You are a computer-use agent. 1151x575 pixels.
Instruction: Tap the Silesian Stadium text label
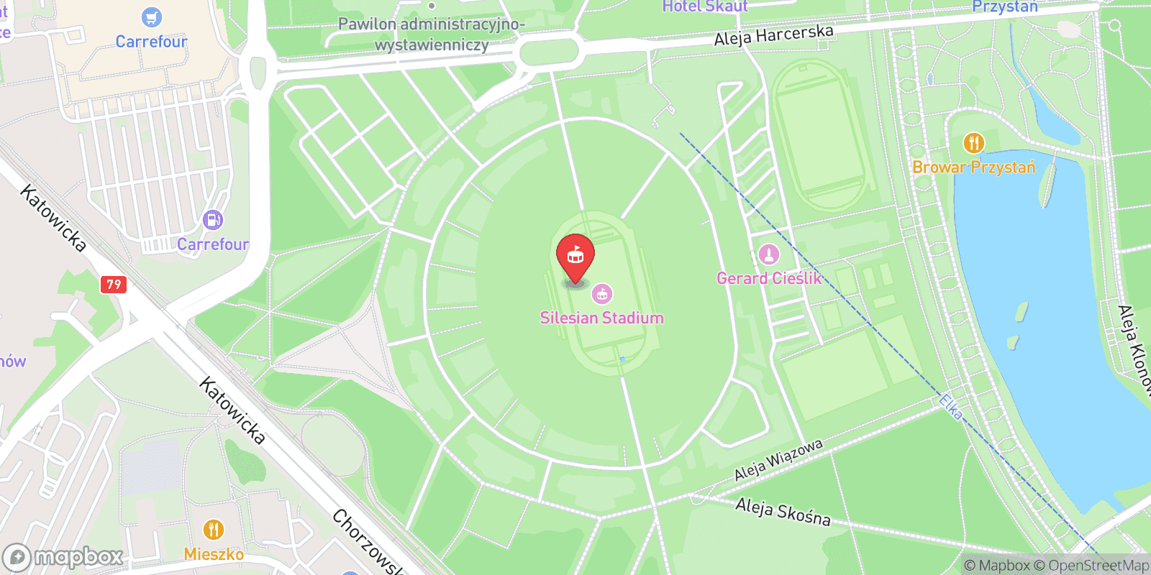[x=601, y=318]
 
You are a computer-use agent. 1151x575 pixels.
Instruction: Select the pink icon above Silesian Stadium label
[x=602, y=293]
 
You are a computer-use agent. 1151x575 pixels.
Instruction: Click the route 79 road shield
[x=114, y=284]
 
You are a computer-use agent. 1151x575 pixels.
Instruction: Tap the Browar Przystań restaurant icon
[x=973, y=143]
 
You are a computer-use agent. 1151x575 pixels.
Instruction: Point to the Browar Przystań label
[x=973, y=167]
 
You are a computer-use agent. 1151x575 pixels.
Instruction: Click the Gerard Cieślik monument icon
[x=768, y=254]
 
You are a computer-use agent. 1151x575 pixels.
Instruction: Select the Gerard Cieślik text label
[x=768, y=278]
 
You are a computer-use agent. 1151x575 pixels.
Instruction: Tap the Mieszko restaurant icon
[x=213, y=530]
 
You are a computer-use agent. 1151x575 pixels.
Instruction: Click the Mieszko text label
[x=214, y=554]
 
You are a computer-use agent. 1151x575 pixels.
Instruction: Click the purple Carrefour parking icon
[x=213, y=220]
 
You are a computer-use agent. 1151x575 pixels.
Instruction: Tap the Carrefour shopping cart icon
[x=151, y=17]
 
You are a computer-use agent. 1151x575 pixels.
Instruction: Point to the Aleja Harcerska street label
[x=773, y=34]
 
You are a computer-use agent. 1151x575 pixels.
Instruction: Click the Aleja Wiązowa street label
[x=778, y=460]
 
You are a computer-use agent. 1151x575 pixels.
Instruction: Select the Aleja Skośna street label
[x=783, y=512]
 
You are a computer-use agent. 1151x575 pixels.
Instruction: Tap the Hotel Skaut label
[x=704, y=6]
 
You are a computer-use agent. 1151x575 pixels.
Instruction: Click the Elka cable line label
[x=950, y=407]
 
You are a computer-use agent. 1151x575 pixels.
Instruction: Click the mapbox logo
[x=63, y=557]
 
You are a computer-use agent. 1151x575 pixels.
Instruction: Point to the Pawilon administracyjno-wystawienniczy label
[x=432, y=34]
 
